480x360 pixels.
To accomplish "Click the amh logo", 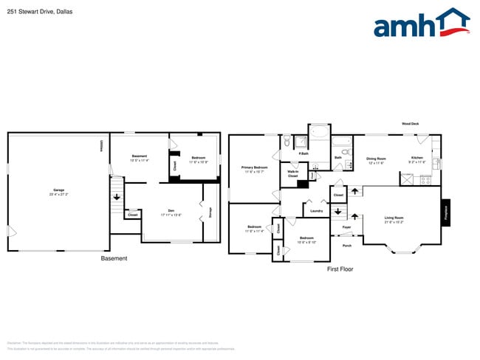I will pyautogui.click(x=421, y=24).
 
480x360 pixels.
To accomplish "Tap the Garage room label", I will pyautogui.click(x=58, y=190).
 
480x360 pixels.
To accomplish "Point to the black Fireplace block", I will pyautogui.click(x=445, y=213).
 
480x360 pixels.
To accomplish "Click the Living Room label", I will pyautogui.click(x=394, y=218).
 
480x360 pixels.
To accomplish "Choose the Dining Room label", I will pyautogui.click(x=377, y=159).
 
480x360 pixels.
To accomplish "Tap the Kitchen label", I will pyautogui.click(x=417, y=158).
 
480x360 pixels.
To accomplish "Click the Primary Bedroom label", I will pyautogui.click(x=255, y=167).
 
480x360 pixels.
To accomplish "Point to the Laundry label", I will pyautogui.click(x=317, y=211).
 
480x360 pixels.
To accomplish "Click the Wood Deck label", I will pyautogui.click(x=410, y=124).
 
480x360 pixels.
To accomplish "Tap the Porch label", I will pyautogui.click(x=346, y=245).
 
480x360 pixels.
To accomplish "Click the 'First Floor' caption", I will pyautogui.click(x=340, y=269).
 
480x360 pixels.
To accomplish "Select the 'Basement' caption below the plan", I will pyautogui.click(x=114, y=258).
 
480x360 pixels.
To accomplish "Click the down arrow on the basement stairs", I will pyautogui.click(x=117, y=197).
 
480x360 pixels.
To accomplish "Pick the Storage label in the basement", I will pyautogui.click(x=211, y=212).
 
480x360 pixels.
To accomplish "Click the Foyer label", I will pyautogui.click(x=346, y=227).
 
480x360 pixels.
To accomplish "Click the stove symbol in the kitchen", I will pyautogui.click(x=425, y=179).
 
